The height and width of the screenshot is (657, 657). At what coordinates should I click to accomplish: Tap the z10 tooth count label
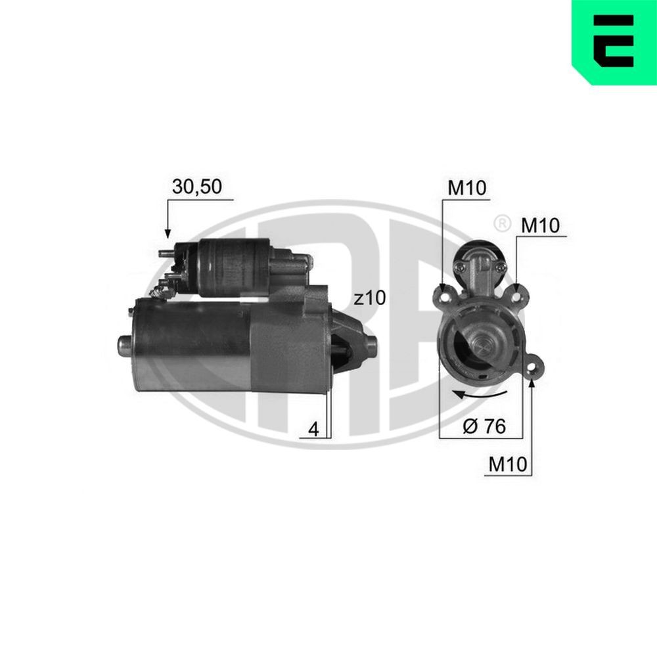click(368, 298)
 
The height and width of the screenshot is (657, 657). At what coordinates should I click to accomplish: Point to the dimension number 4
click(313, 430)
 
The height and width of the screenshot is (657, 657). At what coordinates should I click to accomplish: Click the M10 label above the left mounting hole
click(466, 189)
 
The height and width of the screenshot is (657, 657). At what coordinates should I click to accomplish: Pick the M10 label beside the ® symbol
click(540, 225)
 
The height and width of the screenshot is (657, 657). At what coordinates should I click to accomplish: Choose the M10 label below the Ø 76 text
click(508, 464)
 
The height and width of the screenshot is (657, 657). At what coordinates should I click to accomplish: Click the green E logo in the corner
click(614, 41)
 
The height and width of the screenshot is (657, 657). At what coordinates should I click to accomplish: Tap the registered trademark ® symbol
click(501, 223)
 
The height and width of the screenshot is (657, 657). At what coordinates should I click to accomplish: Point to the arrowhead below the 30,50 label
click(168, 233)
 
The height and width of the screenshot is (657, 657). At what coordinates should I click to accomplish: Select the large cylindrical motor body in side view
click(191, 345)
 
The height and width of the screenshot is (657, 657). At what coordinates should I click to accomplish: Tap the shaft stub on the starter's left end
click(124, 344)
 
